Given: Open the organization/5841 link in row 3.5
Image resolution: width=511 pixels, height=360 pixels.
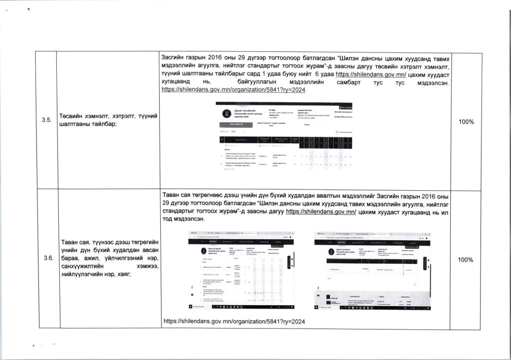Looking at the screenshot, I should click(227, 90).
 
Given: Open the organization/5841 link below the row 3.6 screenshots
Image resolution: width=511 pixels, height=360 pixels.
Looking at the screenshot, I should click(234, 321).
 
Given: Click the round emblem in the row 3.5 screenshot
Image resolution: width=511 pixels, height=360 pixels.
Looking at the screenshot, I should click(224, 113).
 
